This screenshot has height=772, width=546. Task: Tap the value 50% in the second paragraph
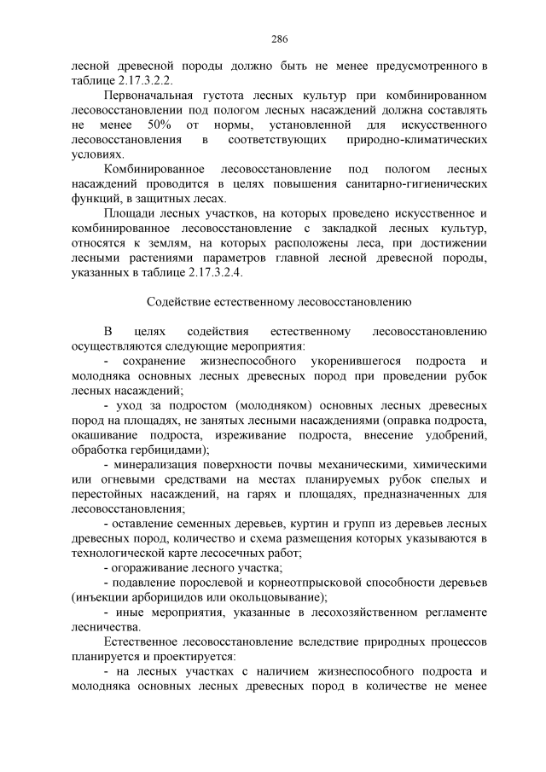pyautogui.click(x=160, y=125)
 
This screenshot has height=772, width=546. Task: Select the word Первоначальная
pyautogui.click(x=143, y=95)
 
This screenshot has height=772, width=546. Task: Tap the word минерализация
pyautogui.click(x=154, y=465)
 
